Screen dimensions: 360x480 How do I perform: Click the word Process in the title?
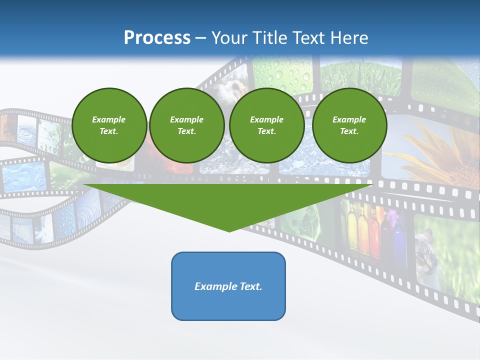point(157,38)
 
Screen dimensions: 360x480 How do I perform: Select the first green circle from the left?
point(109,125)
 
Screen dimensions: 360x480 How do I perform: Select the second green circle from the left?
point(187,125)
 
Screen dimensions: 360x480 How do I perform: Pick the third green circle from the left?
point(267,125)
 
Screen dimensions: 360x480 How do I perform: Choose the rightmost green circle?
point(349,125)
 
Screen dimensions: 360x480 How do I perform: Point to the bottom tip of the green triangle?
point(229,231)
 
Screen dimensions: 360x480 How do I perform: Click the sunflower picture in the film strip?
point(440,155)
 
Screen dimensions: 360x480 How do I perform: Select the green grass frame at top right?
point(360,75)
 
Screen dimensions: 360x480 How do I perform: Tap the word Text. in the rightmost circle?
point(349,131)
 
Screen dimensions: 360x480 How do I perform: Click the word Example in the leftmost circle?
point(109,119)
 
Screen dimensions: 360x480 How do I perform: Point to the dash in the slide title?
point(201,38)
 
